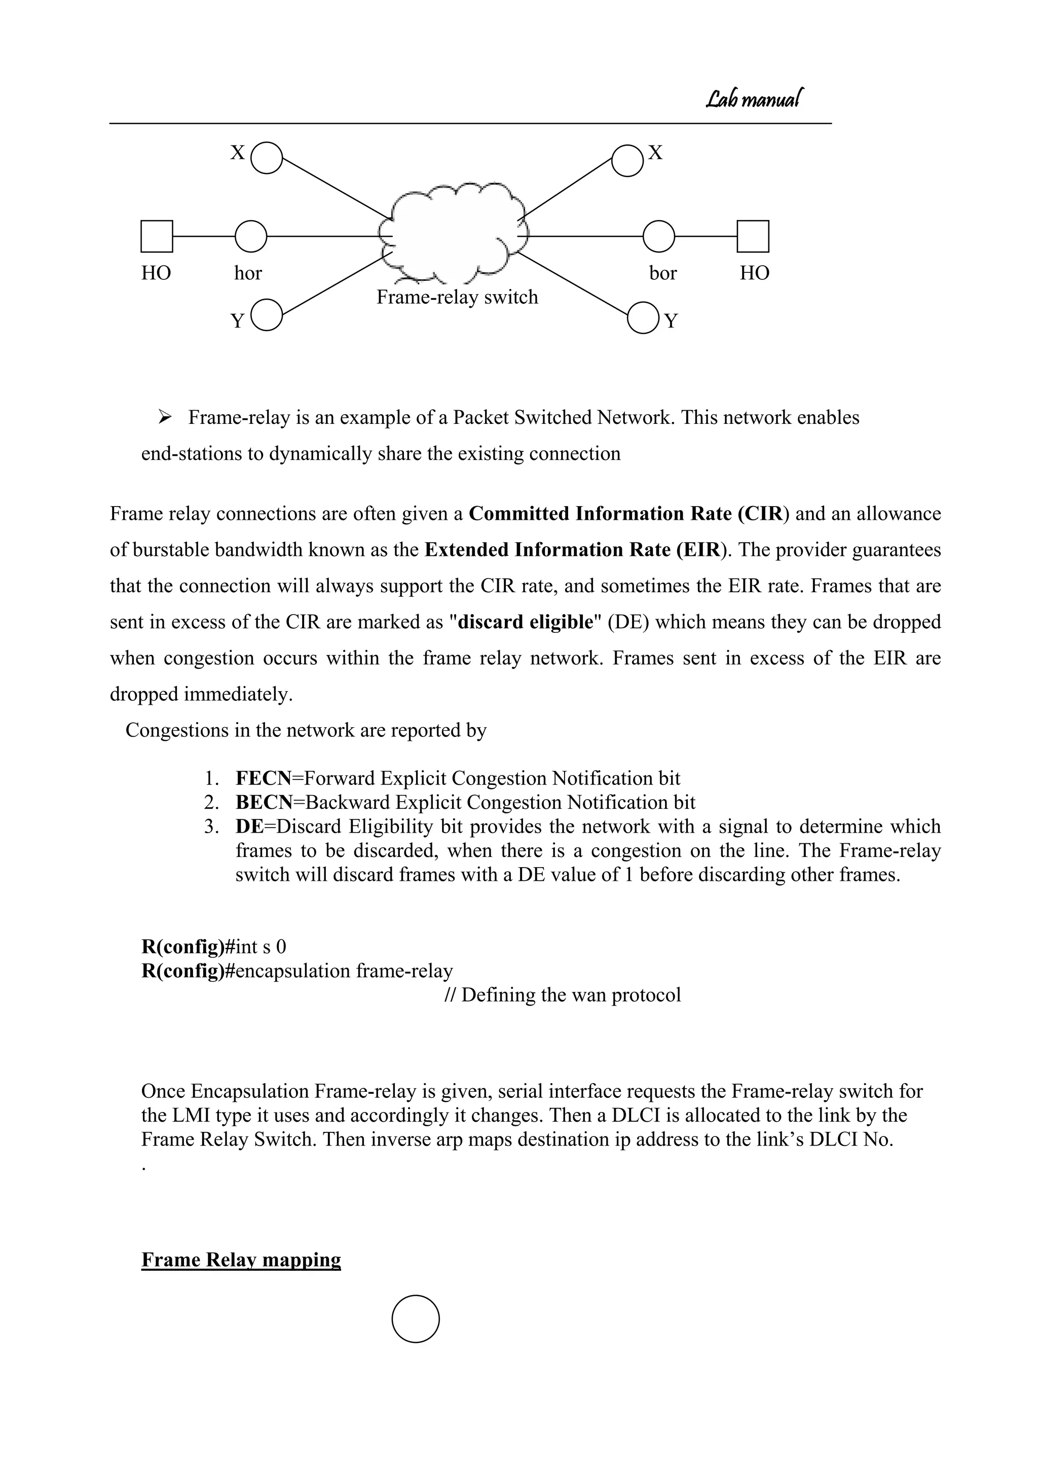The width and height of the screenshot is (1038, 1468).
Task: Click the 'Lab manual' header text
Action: pyautogui.click(x=754, y=99)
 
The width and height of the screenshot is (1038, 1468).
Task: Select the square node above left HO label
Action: pyautogui.click(x=157, y=237)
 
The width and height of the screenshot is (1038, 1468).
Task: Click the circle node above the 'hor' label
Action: pyautogui.click(x=250, y=237)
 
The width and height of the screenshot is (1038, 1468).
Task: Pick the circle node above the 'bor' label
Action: pyautogui.click(x=658, y=237)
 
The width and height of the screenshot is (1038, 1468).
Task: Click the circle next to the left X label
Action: pyautogui.click(x=267, y=158)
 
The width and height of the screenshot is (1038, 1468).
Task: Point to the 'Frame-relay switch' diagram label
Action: pyautogui.click(x=457, y=297)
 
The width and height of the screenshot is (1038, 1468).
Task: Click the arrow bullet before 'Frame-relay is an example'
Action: pyautogui.click(x=164, y=417)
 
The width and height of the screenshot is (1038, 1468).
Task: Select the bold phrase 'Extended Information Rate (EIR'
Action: pyautogui.click(x=573, y=550)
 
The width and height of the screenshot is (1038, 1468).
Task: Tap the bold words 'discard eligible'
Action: pyautogui.click(x=526, y=622)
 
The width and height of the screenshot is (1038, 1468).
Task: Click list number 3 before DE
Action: pyautogui.click(x=211, y=827)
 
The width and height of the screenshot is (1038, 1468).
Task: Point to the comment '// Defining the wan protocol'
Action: pyautogui.click(x=563, y=995)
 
